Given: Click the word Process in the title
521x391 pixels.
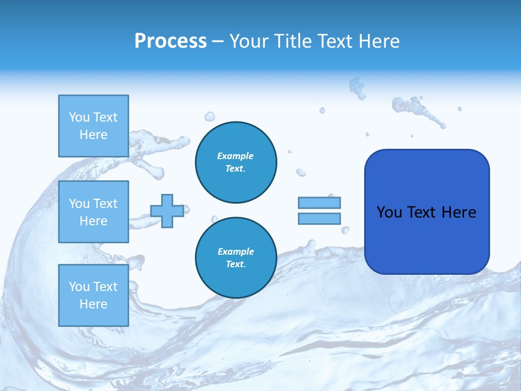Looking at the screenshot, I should coord(170,41).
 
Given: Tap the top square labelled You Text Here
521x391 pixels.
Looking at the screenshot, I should coord(93,126).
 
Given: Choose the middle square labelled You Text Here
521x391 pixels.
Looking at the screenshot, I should coord(93,212).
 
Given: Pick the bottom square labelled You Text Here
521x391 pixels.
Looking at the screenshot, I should coord(93,295).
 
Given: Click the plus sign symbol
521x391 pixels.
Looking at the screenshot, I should coord(167,211).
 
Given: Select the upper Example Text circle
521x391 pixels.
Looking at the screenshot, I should coord(236,162).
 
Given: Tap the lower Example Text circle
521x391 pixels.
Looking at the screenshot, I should coord(236,257).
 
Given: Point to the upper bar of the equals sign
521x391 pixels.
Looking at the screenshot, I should coord(319,203).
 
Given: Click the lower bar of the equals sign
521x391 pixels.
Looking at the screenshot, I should coord(319,218).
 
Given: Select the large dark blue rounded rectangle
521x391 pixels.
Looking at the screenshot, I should coord(427,212).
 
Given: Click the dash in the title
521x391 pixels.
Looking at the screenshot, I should coord(218,42).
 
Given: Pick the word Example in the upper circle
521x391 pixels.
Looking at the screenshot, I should coord(235,156).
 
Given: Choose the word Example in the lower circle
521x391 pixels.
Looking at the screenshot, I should coord(236,251).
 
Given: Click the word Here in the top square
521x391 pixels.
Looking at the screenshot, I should coord(93,135).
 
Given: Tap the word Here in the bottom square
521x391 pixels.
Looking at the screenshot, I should coord(93,304).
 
